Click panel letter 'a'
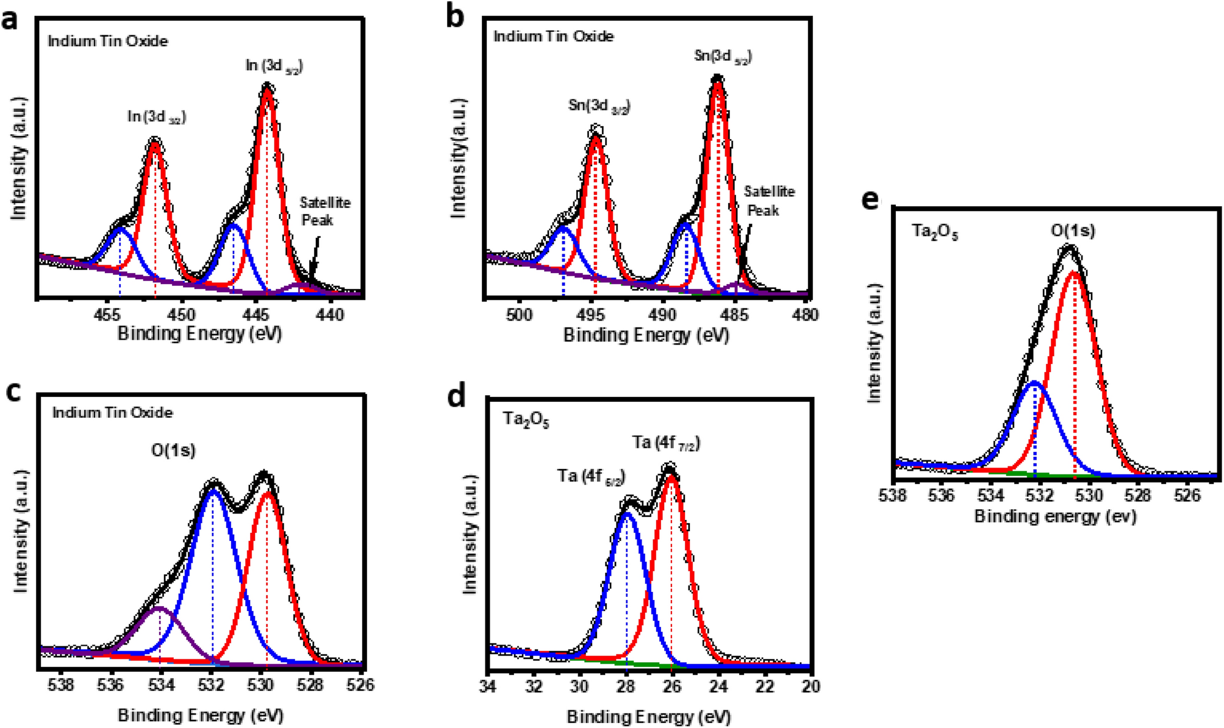tap(10, 20)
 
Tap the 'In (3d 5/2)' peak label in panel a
tap(274, 66)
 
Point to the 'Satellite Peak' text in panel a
tap(324, 211)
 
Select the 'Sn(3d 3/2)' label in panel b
tap(598, 105)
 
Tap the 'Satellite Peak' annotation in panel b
tap(768, 201)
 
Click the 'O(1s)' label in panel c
tap(173, 451)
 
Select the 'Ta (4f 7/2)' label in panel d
tap(665, 443)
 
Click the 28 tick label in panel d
tap(626, 687)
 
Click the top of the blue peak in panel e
tap(1035, 383)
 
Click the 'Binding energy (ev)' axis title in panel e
tap(1055, 516)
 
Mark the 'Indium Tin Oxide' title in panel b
tap(553, 37)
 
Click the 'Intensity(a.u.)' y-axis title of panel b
tap(458, 157)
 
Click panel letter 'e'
tap(870, 199)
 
